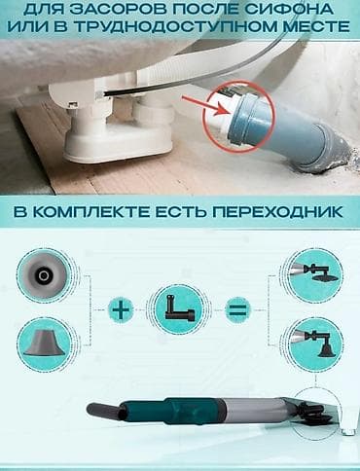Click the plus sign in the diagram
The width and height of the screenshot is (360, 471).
tap(120, 311)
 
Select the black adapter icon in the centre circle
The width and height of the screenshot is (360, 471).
tap(179, 311)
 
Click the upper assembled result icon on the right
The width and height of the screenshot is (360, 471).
tap(314, 273)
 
